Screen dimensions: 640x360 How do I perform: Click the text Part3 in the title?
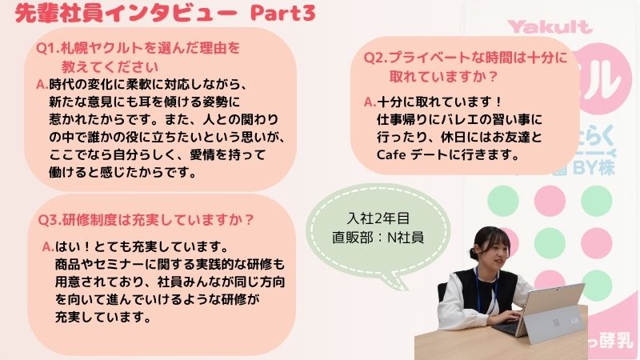click(283, 13)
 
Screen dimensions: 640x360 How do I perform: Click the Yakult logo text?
click(550, 27)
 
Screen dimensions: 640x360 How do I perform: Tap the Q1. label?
click(48, 48)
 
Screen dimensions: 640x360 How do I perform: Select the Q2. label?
click(375, 58)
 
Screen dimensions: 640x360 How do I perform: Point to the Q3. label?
click(50, 220)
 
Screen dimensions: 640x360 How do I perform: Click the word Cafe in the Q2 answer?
click(391, 155)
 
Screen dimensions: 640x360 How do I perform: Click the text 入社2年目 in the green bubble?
click(378, 218)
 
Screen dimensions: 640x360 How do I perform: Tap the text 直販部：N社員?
click(378, 237)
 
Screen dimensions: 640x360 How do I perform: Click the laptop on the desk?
click(539, 311)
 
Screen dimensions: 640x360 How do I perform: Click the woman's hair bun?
click(474, 254)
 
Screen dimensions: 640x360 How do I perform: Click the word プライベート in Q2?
click(428, 58)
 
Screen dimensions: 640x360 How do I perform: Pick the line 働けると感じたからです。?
click(123, 173)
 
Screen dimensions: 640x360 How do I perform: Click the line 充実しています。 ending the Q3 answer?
click(104, 317)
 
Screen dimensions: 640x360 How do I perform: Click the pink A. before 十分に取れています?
click(370, 102)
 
